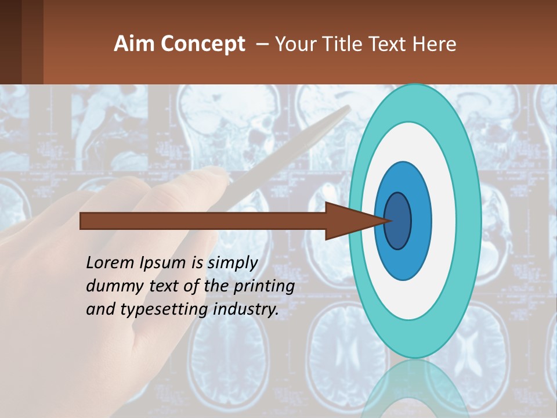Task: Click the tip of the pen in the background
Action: click(348, 108)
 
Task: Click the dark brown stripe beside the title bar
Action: click(32, 42)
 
